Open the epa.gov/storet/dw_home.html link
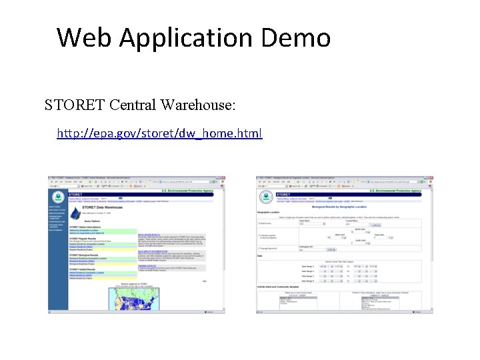160,133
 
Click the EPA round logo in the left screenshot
57,197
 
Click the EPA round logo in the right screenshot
266,197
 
